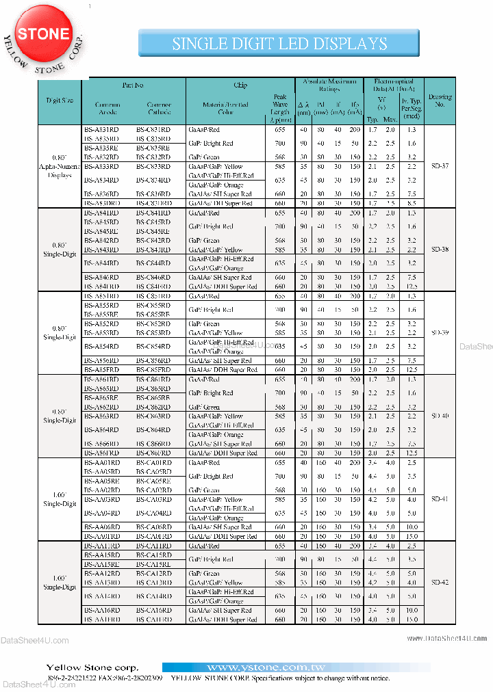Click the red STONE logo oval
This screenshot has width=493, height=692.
[44, 34]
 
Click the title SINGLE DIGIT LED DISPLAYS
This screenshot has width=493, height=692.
[279, 44]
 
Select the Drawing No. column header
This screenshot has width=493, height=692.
[440, 101]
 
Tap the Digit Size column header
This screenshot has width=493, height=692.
[60, 101]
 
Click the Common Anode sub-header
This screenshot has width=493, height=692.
[102, 109]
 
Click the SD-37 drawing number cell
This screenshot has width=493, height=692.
[440, 166]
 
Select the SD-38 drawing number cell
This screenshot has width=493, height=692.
[440, 250]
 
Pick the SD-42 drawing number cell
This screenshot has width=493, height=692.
[440, 582]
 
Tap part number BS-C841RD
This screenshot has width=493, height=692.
[153, 213]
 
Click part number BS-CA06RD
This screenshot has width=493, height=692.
[154, 527]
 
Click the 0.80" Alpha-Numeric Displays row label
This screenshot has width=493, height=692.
[60, 166]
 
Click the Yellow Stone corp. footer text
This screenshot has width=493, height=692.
[92, 667]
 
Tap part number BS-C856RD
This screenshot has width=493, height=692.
[153, 360]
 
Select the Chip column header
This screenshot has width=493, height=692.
[240, 85]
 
